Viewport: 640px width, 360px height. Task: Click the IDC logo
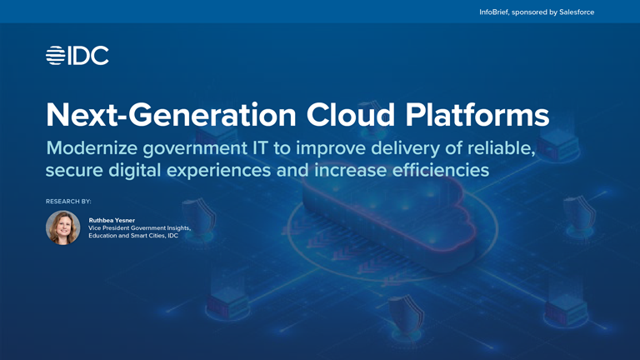(x=77, y=56)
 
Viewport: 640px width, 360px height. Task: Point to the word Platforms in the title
(x=477, y=114)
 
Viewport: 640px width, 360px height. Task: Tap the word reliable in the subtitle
(x=502, y=148)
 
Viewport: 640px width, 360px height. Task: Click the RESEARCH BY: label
(x=68, y=202)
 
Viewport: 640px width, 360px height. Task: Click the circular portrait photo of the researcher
(x=63, y=227)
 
